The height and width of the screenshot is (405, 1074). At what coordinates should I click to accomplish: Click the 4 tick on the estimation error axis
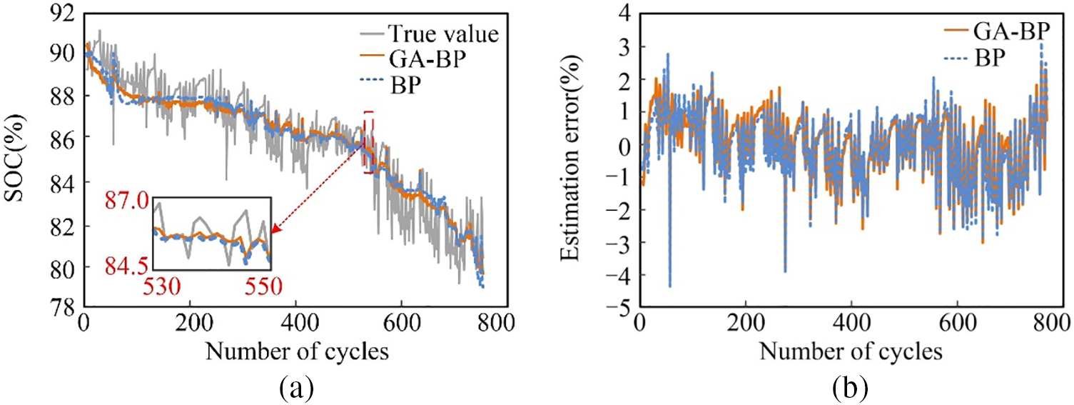coord(623,12)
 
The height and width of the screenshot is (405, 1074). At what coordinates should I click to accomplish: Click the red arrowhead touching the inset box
coord(276,229)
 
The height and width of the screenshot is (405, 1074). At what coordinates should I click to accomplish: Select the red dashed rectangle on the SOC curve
coord(368,141)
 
